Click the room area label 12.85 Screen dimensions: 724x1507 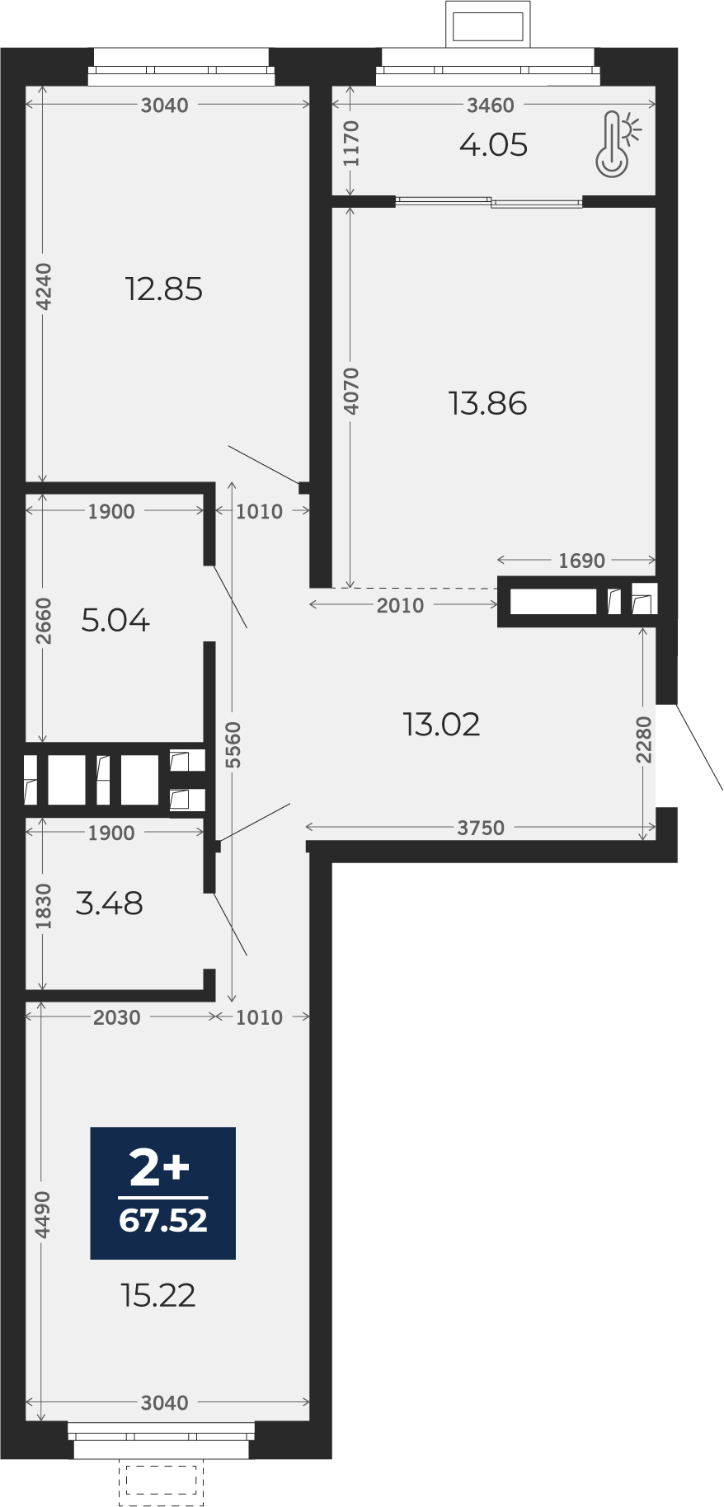(163, 289)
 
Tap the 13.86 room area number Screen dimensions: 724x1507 (487, 404)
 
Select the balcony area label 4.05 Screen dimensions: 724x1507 (493, 145)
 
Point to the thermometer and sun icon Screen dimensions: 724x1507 (618, 144)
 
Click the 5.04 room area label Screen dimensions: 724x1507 (115, 620)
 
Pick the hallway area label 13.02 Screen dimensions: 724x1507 (441, 725)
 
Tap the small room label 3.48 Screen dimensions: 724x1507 (109, 904)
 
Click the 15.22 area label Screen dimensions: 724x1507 (158, 1296)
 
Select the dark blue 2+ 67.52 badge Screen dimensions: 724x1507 (162, 1193)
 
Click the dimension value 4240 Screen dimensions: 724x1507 (44, 286)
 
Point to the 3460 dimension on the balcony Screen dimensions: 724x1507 (491, 105)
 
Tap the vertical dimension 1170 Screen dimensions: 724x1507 (352, 143)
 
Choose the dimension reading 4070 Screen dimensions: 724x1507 (352, 391)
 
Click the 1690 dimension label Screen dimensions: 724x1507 (581, 561)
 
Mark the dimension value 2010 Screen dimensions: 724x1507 (400, 605)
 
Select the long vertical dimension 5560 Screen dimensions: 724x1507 (233, 744)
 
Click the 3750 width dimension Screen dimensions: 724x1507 (481, 828)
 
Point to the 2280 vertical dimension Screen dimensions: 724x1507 (644, 739)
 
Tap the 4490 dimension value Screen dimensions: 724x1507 (43, 1214)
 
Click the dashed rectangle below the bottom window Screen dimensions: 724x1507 (162, 1483)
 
